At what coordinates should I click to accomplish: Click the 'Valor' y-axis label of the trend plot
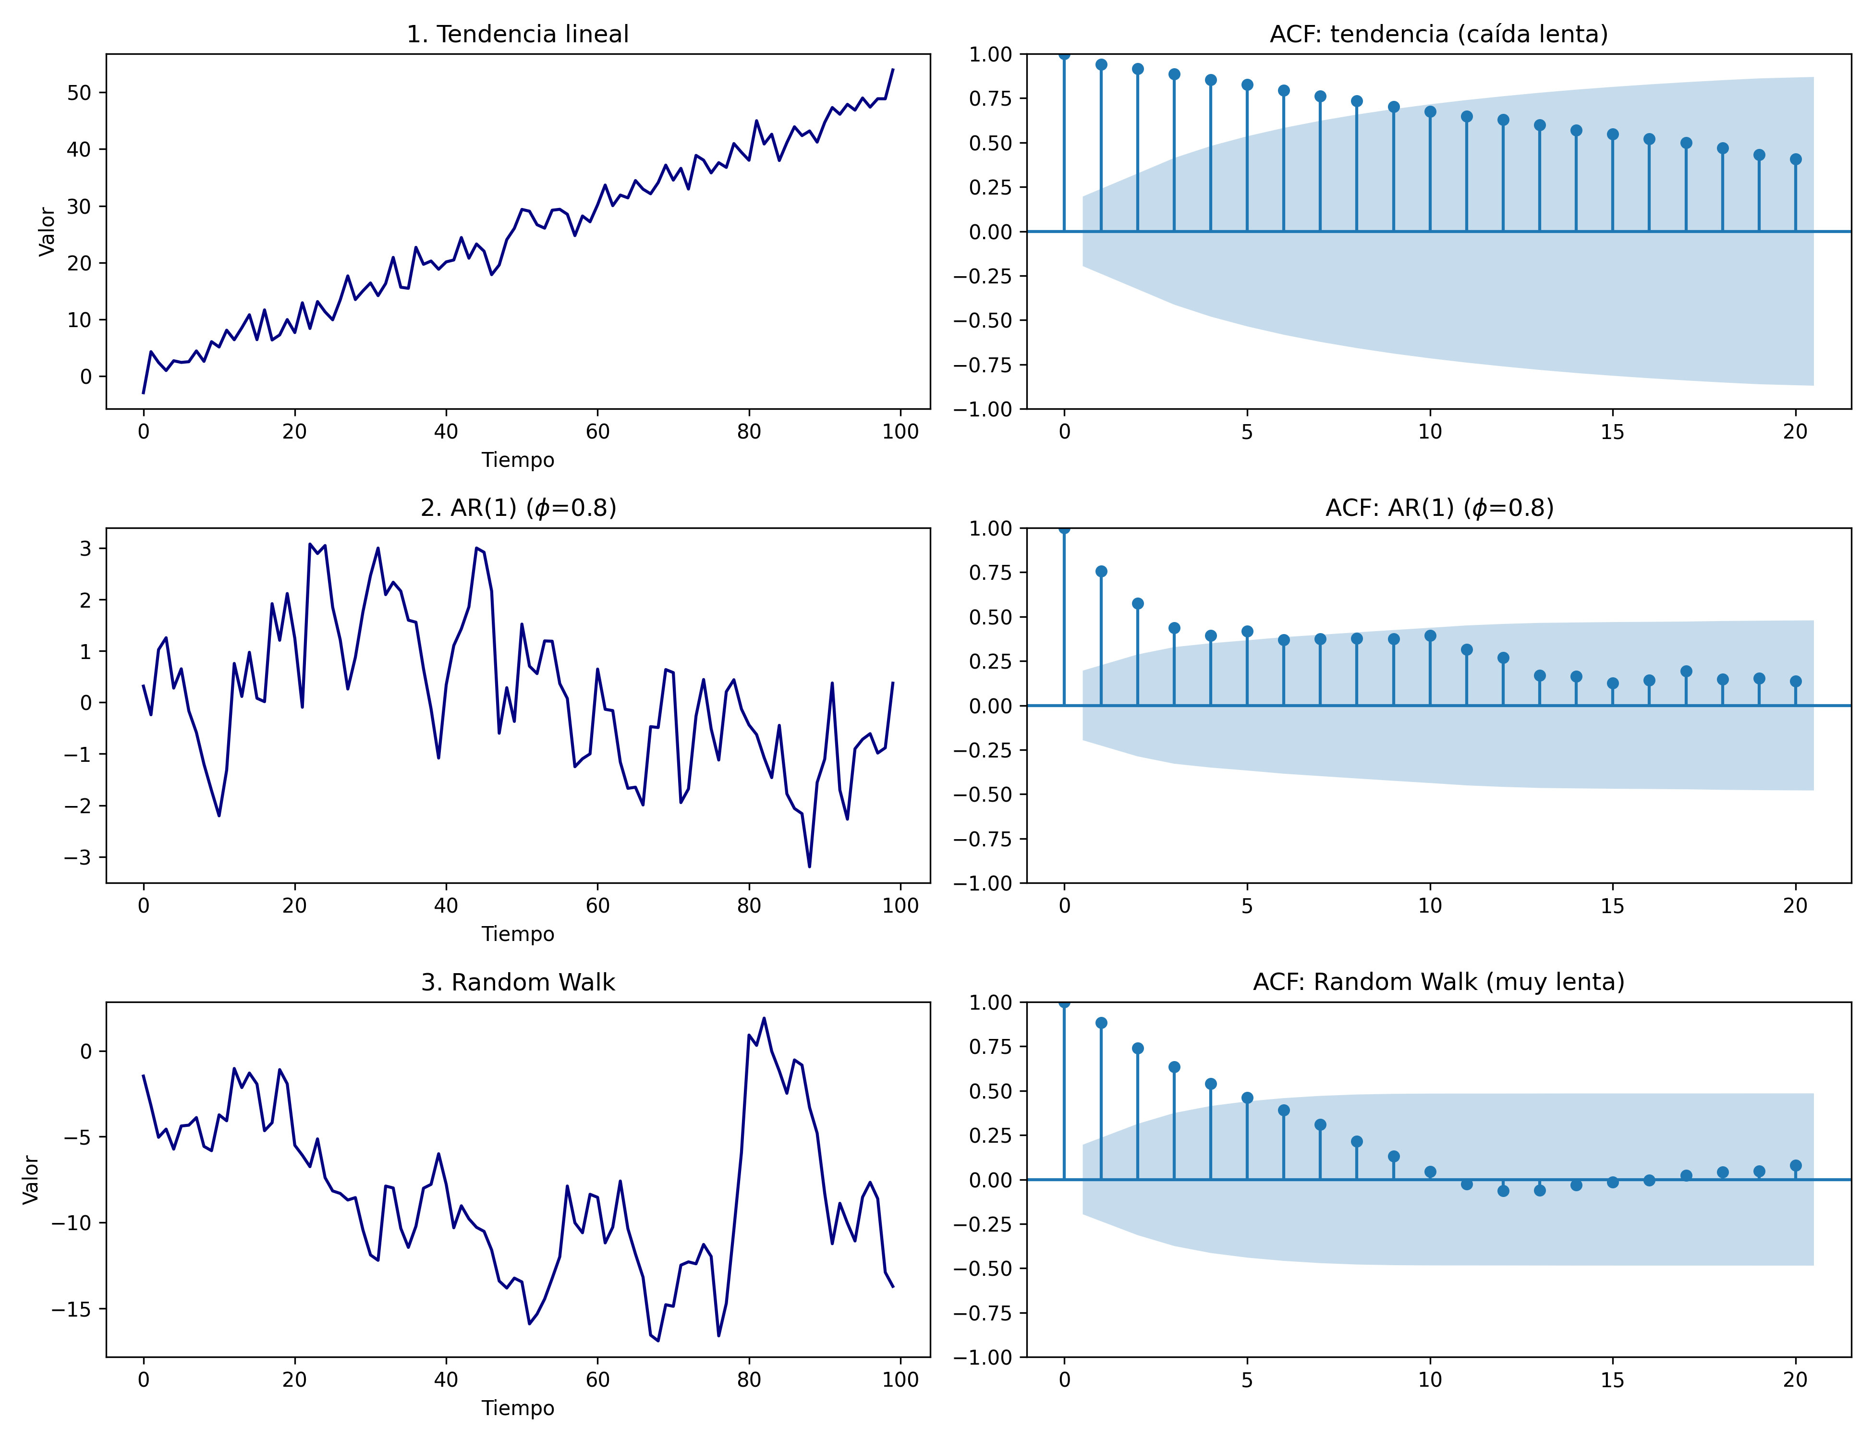tap(47, 232)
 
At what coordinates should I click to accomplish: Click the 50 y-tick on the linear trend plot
tap(79, 93)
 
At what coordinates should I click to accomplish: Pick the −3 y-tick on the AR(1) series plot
tap(79, 858)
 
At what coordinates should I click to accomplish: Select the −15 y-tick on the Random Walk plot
tap(72, 1309)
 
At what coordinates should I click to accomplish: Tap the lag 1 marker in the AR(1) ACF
tap(1101, 571)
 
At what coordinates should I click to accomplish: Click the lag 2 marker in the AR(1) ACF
tap(1138, 604)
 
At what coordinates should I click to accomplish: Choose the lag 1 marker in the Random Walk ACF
tap(1101, 1023)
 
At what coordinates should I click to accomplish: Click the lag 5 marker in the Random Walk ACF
tap(1248, 1098)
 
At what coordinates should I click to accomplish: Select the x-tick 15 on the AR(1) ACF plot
tap(1612, 906)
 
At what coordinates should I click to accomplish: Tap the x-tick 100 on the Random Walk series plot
tap(900, 1380)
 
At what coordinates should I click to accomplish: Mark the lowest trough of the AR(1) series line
tap(810, 867)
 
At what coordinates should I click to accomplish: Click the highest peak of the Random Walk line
tap(764, 1018)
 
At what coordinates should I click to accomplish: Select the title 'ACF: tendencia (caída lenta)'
tap(1438, 34)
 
